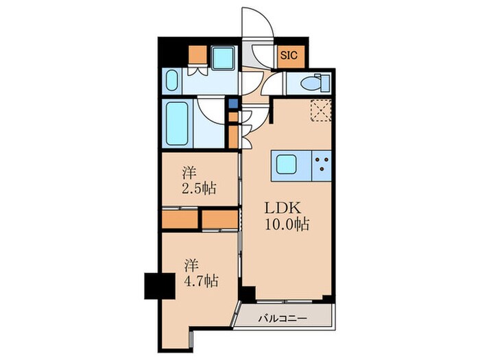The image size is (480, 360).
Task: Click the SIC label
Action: pyautogui.click(x=288, y=56)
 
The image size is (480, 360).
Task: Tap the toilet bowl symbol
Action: pyautogui.click(x=315, y=82)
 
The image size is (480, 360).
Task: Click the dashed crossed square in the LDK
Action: pyautogui.click(x=321, y=110)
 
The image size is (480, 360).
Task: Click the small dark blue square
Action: pyautogui.click(x=233, y=104)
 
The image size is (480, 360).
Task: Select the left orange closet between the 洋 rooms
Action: pyautogui.click(x=180, y=219)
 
